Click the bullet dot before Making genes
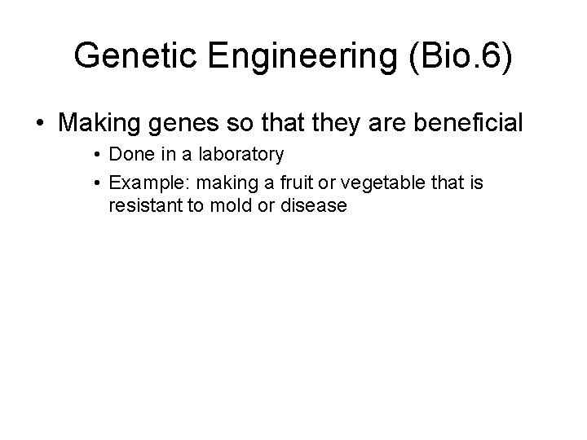[42, 124]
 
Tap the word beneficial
[469, 124]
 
